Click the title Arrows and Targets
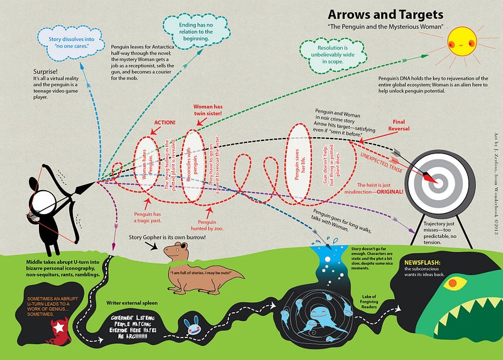(x=386, y=14)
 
